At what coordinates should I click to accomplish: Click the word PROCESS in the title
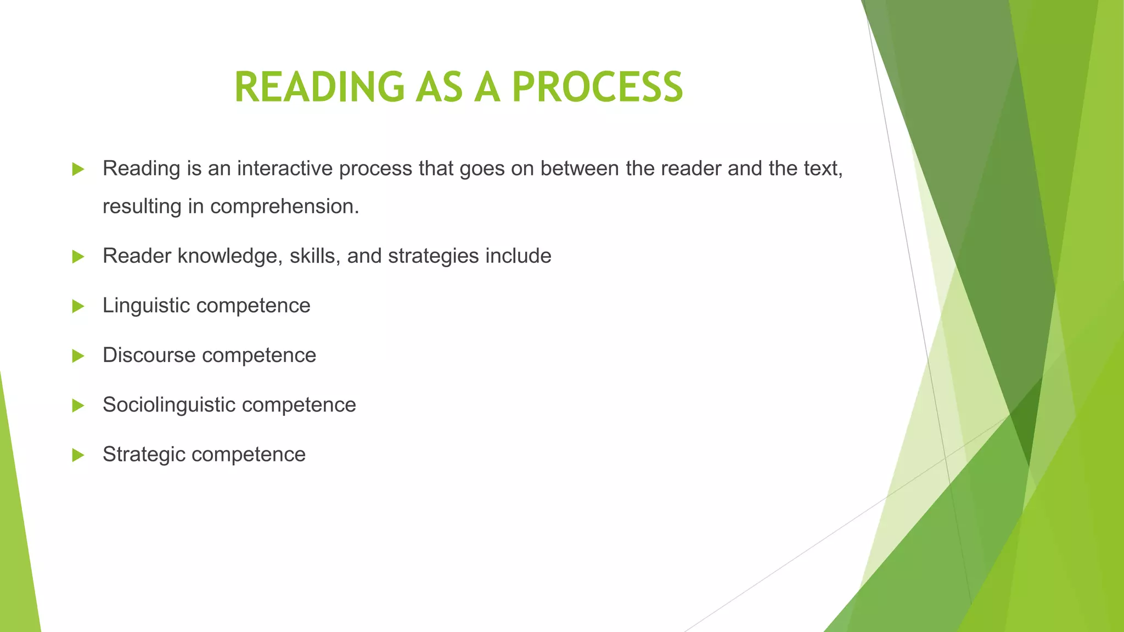598,87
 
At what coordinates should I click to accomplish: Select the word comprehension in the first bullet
284,207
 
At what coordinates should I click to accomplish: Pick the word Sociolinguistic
169,405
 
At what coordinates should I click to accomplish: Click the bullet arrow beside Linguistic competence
78,306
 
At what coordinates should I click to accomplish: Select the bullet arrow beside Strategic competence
78,455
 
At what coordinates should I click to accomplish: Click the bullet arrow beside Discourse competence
78,356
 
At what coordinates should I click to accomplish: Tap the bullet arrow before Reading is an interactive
78,169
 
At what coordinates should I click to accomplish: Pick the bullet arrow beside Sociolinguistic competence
78,405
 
